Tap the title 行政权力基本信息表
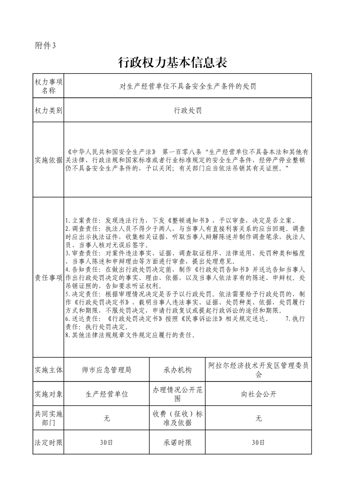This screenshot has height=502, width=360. (172, 63)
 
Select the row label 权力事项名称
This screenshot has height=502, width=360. (49, 86)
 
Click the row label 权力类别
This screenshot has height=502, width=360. (49, 111)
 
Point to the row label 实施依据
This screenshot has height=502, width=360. (49, 159)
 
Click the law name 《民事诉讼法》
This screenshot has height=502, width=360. (202, 319)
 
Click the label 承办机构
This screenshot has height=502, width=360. (178, 370)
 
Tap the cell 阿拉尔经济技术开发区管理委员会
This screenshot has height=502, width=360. (258, 370)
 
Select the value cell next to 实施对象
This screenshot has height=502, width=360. (107, 394)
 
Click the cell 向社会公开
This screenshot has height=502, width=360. (258, 394)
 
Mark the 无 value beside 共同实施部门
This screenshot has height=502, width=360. (107, 418)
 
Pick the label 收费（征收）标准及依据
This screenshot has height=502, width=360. (178, 418)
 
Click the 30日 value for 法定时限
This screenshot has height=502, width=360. (107, 442)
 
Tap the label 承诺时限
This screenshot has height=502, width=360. (178, 442)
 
